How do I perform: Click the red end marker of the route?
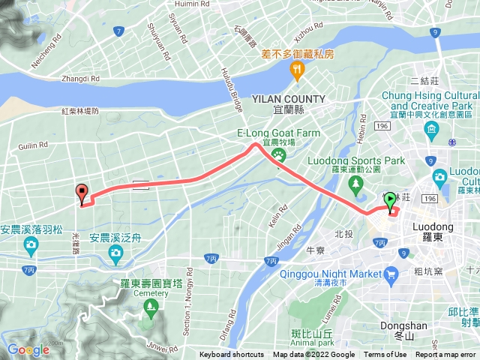click(x=82, y=193)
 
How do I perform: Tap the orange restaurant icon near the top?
click(x=297, y=70)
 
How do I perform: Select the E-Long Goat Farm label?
click(x=278, y=133)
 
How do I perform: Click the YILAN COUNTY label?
click(x=289, y=99)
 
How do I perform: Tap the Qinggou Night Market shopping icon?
click(x=390, y=274)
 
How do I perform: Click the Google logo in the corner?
click(x=28, y=349)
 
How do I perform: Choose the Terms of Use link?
click(x=385, y=355)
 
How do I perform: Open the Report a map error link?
click(x=446, y=355)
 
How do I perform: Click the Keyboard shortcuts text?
click(x=232, y=355)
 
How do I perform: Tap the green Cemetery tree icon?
click(x=151, y=306)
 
